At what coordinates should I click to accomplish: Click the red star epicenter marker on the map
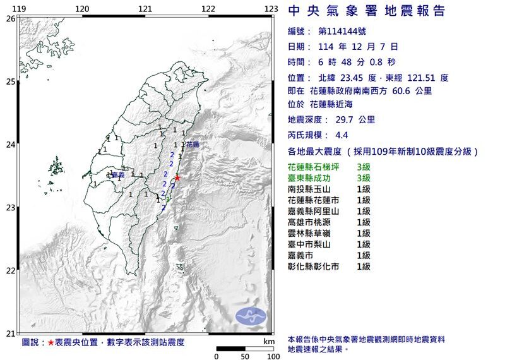pyautogui.click(x=177, y=177)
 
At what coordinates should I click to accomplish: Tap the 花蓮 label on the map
pyautogui.click(x=192, y=145)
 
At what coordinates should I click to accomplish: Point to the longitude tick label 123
pyautogui.click(x=271, y=8)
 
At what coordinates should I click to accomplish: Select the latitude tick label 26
pyautogui.click(x=10, y=18)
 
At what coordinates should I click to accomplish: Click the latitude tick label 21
pyautogui.click(x=10, y=333)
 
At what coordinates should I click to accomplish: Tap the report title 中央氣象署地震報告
pyautogui.click(x=366, y=11)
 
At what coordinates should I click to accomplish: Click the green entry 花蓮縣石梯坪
pyautogui.click(x=316, y=167)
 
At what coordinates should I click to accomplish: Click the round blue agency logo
pyautogui.click(x=251, y=315)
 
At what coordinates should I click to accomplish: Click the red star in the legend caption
pyautogui.click(x=51, y=342)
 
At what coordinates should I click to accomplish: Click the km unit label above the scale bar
pyautogui.click(x=269, y=341)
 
